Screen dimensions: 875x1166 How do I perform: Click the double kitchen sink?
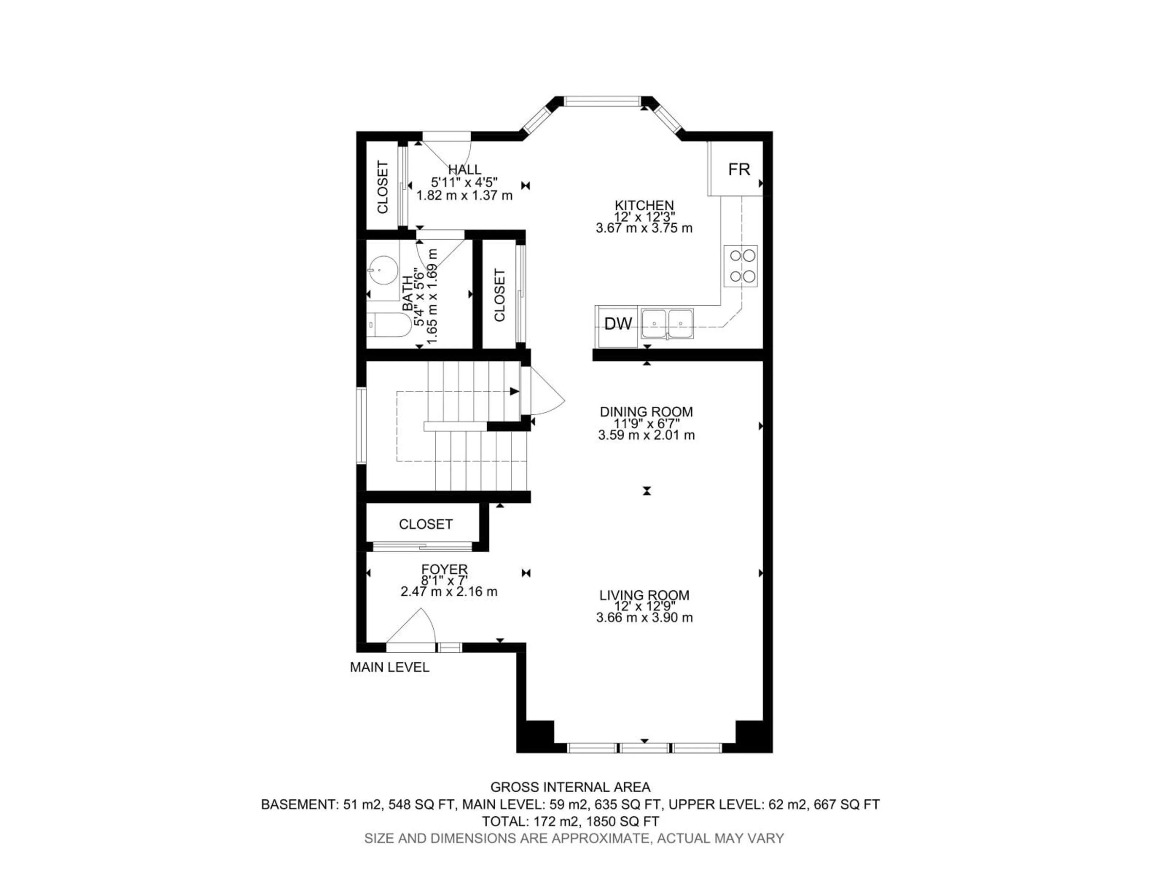[667, 323]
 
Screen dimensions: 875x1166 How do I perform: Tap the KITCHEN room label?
[644, 205]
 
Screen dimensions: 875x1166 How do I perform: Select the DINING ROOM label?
[646, 412]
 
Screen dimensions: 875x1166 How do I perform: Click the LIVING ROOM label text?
[644, 595]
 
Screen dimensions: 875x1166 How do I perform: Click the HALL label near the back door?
[464, 170]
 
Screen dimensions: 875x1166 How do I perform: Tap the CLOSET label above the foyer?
[425, 524]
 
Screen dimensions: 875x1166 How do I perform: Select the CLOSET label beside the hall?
[383, 187]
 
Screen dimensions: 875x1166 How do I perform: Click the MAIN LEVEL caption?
[390, 667]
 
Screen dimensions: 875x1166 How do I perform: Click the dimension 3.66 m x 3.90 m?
[644, 618]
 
